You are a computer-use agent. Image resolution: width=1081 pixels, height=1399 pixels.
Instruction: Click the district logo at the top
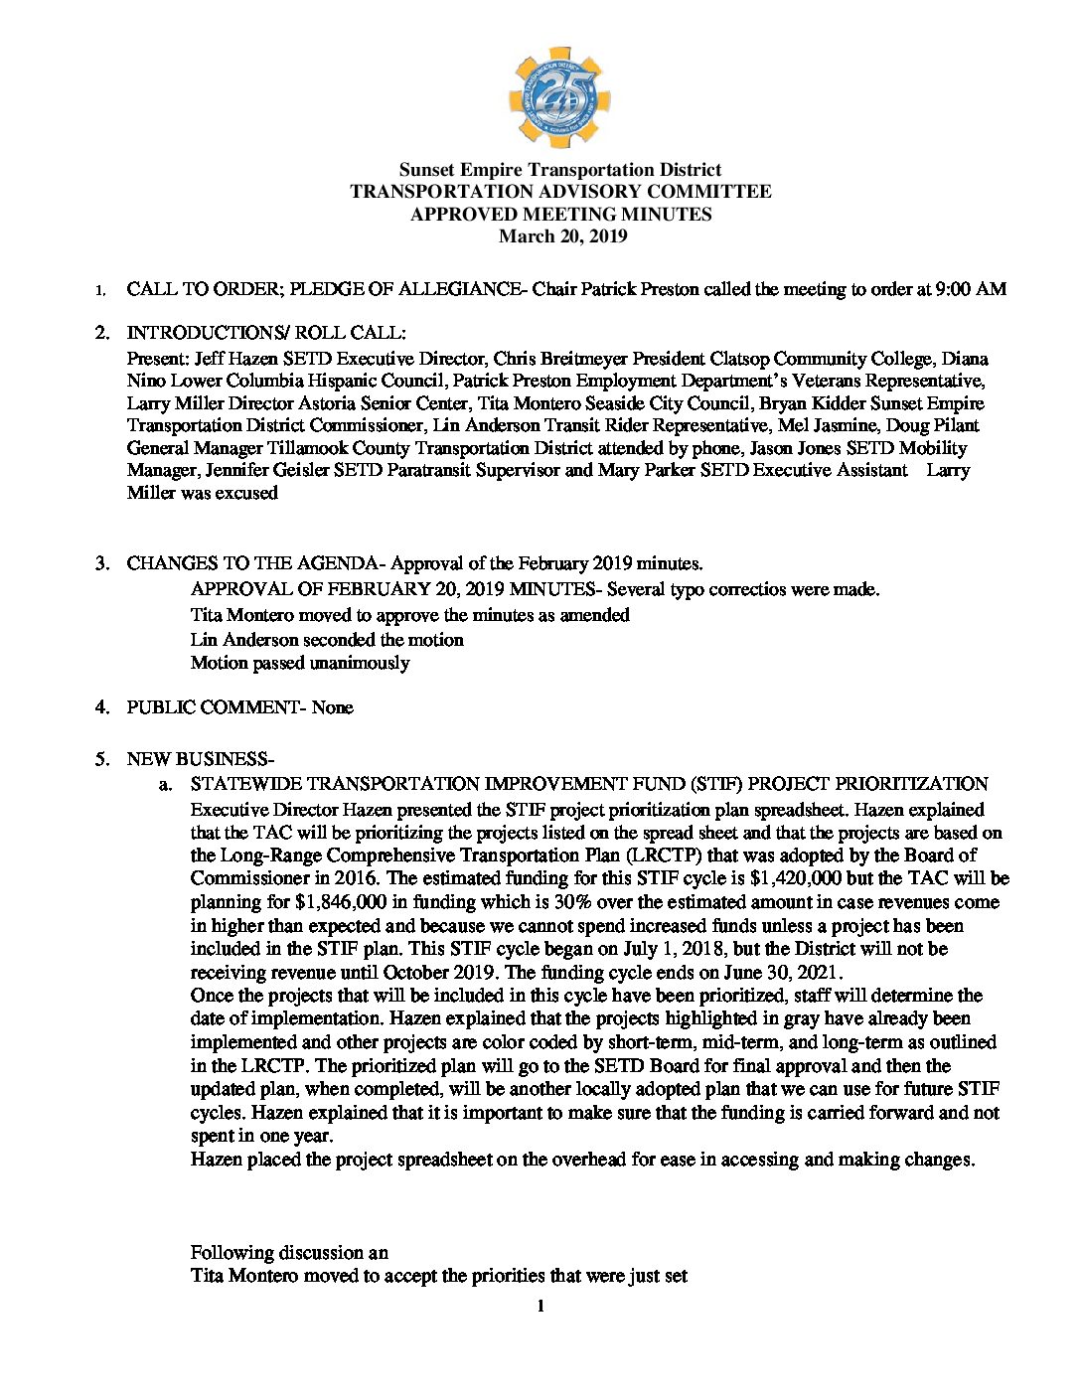click(560, 98)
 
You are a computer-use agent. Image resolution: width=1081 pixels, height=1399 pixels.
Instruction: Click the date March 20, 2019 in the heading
click(562, 236)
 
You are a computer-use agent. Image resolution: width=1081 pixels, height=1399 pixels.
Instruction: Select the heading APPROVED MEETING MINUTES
click(560, 214)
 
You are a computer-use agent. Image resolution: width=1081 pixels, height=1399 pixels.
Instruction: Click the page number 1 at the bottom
click(540, 1306)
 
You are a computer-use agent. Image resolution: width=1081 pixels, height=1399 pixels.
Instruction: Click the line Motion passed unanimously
click(299, 663)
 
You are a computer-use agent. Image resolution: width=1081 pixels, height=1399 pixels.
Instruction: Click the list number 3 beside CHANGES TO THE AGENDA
click(101, 563)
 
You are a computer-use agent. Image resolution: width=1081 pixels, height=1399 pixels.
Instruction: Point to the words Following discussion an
click(289, 1252)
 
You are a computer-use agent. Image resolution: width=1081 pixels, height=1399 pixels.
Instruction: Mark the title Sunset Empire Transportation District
click(560, 170)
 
